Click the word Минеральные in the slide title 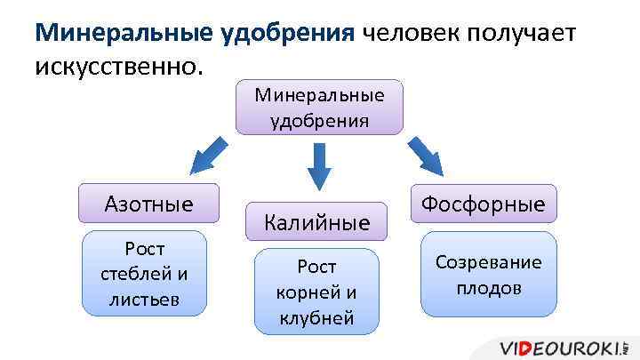121,34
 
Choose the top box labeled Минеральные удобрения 319,108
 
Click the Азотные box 148,204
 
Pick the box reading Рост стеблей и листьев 144,273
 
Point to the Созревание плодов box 488,274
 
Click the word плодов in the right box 488,288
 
